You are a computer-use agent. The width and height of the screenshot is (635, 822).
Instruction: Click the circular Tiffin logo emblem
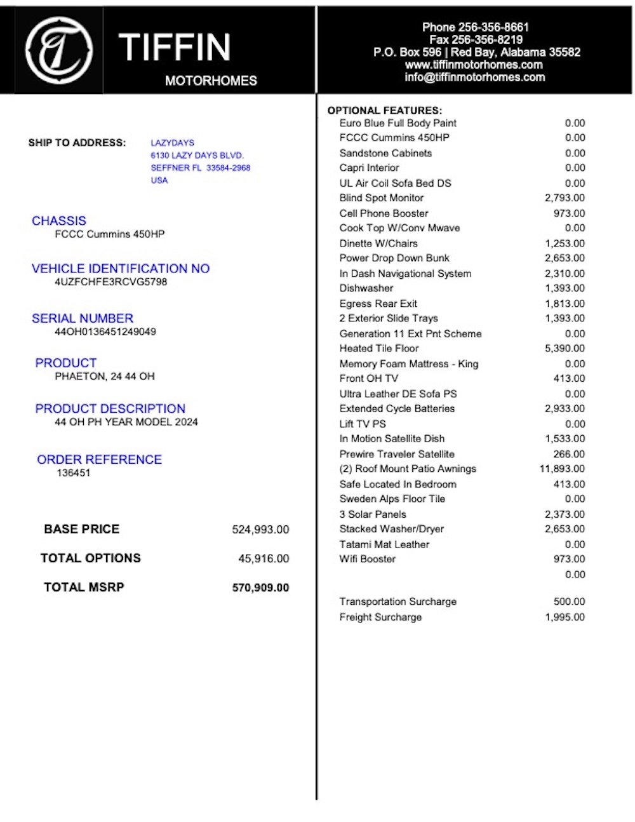58,50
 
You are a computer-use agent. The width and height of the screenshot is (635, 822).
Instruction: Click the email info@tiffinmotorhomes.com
474,77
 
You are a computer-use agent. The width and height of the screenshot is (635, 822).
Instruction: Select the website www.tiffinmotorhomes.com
474,65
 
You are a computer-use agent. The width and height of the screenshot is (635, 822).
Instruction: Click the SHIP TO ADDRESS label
77,143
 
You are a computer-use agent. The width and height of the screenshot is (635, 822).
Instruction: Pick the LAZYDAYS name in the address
172,143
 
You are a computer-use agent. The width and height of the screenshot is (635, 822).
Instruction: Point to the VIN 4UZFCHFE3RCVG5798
111,282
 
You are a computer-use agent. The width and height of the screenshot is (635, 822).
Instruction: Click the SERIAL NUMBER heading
83,318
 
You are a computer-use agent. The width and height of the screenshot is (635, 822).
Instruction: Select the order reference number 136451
74,473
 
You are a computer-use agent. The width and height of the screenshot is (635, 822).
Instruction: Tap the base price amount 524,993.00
260,530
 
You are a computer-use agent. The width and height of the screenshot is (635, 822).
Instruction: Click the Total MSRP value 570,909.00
260,588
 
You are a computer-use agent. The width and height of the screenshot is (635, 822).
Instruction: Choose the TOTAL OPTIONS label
90,558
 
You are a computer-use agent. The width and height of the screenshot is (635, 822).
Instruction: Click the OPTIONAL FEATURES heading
384,111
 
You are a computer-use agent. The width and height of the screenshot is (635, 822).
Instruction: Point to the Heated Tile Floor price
565,349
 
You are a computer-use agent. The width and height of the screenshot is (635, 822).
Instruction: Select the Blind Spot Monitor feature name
381,198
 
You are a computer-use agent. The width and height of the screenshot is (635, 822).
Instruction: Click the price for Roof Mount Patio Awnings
562,469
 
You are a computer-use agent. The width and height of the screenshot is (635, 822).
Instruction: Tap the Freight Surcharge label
380,617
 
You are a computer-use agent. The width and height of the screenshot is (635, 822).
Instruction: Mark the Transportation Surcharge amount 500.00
569,602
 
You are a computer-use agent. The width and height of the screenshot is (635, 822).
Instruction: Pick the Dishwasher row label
366,288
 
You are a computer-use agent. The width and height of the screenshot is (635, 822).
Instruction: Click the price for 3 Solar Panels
565,515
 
